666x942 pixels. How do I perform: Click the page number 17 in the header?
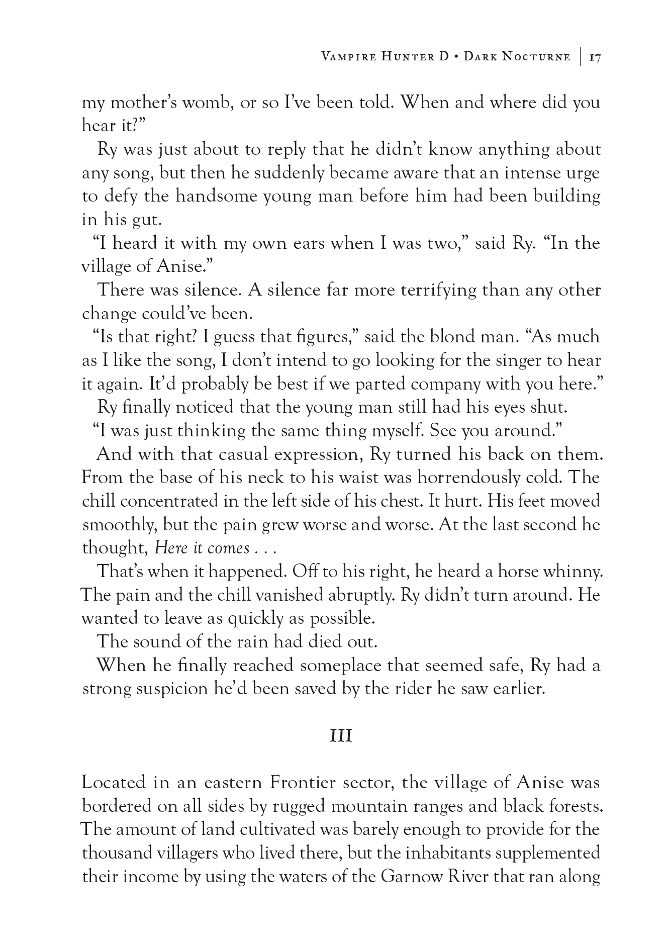click(595, 57)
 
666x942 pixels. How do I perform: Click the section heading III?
click(340, 736)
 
